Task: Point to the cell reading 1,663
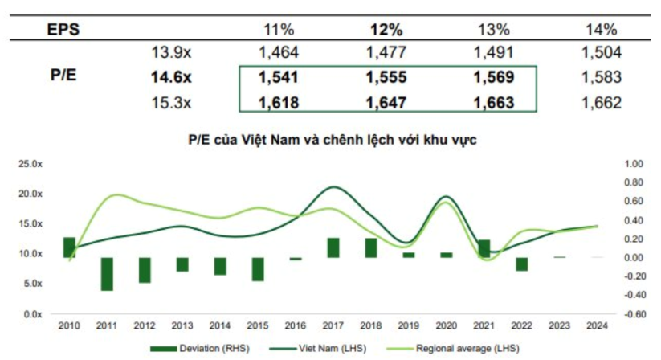(493, 103)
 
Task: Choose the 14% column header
(601, 31)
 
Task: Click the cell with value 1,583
(601, 79)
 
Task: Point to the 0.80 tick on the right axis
(634, 182)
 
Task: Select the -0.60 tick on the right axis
(634, 314)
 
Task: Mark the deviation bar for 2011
(107, 274)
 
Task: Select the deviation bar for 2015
(258, 269)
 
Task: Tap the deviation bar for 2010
(69, 247)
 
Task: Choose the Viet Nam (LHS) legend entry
(320, 349)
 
